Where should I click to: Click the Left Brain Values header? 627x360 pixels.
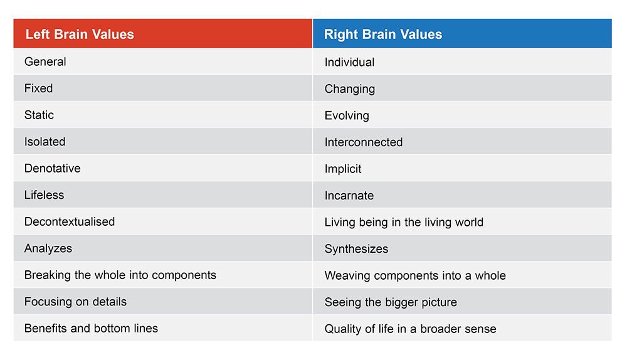tap(80, 34)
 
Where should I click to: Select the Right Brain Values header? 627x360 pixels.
tap(383, 34)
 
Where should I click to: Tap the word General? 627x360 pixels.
tap(45, 61)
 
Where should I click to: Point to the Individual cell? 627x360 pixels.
tap(349, 62)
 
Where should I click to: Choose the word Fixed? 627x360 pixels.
tap(38, 88)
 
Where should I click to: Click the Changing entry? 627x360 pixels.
tap(350, 89)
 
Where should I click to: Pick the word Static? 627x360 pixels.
tap(39, 115)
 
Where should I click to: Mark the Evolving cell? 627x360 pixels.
tap(347, 115)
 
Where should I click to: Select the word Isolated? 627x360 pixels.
tap(45, 142)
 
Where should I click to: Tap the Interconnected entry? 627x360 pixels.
tap(364, 142)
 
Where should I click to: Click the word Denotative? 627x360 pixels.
tap(53, 168)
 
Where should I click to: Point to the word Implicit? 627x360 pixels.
tap(343, 169)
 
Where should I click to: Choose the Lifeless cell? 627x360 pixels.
tap(44, 195)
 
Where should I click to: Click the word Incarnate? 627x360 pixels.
tap(349, 195)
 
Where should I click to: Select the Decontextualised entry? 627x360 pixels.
tap(70, 221)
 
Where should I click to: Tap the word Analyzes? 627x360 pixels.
tap(48, 248)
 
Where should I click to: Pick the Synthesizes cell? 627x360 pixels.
tap(356, 249)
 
